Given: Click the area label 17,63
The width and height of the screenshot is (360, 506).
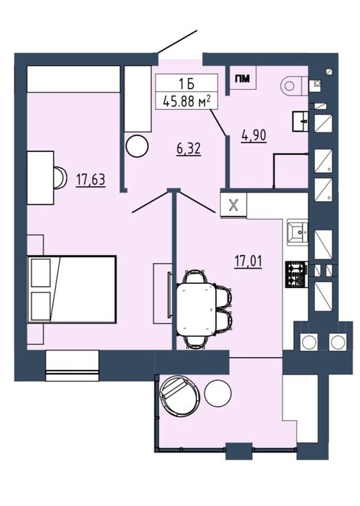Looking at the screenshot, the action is click(x=91, y=180).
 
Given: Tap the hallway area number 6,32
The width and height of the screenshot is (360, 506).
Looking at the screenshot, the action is click(x=189, y=149).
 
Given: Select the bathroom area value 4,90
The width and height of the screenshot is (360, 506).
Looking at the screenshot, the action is click(x=254, y=135).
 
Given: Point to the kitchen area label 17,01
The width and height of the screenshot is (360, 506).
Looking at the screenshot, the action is click(x=248, y=261).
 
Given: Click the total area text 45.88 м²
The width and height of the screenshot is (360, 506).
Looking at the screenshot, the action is click(x=187, y=101).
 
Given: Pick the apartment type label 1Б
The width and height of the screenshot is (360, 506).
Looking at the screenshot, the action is click(x=187, y=85).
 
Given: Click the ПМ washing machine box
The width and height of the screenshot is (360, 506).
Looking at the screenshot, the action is click(x=243, y=78).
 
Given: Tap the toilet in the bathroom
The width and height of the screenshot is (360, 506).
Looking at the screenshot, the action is click(x=295, y=85).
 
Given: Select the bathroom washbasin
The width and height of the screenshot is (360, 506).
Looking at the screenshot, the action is click(x=301, y=122).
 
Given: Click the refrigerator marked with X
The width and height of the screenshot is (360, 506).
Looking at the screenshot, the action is click(x=233, y=205).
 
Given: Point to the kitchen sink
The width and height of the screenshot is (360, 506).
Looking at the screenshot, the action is click(x=298, y=232).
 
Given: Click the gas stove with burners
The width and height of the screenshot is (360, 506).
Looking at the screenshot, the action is click(x=296, y=274).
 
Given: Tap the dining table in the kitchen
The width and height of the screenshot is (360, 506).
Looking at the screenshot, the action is click(x=196, y=309).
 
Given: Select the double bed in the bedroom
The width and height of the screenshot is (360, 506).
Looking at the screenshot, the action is click(x=72, y=289).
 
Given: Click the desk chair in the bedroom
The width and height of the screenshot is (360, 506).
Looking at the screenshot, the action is click(x=60, y=177).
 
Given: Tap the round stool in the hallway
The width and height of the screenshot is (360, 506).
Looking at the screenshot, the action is click(x=137, y=146).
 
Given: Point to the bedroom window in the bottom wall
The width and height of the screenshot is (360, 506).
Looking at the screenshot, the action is click(x=72, y=366).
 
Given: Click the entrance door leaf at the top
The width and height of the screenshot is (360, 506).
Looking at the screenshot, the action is click(x=177, y=42).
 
